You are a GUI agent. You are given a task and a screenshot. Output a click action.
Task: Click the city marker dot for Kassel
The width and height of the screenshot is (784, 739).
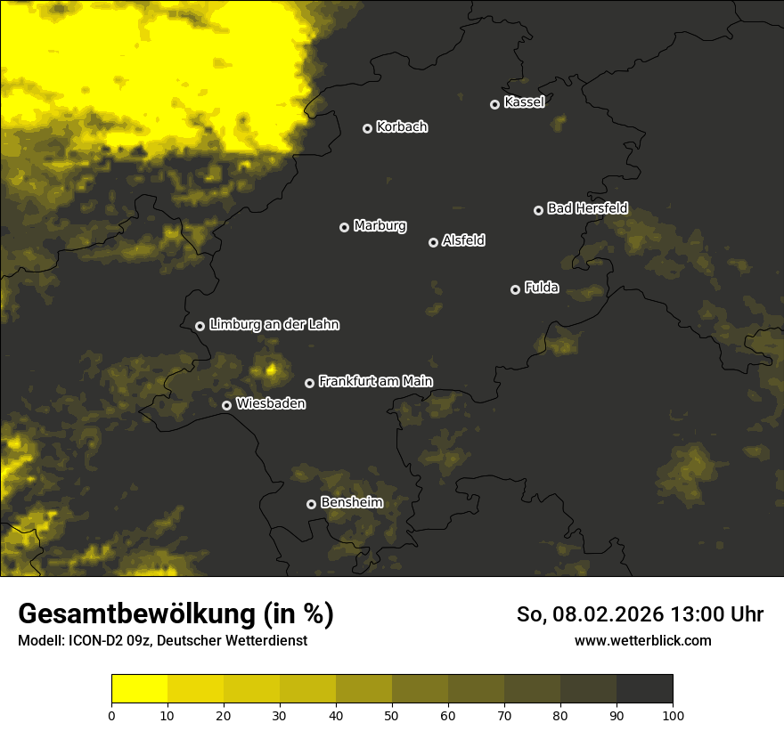pyautogui.click(x=494, y=104)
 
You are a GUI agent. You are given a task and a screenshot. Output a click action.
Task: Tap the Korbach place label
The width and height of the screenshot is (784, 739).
pyautogui.click(x=402, y=127)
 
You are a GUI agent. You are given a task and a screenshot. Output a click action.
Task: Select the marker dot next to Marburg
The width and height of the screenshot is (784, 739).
pyautogui.click(x=344, y=227)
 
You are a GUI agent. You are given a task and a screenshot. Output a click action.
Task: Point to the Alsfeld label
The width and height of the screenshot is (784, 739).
pyautogui.click(x=463, y=241)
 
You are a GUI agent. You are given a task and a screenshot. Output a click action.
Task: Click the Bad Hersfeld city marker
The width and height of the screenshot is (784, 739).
pyautogui.click(x=538, y=210)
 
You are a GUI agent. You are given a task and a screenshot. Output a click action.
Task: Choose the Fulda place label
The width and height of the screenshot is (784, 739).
pyautogui.click(x=542, y=288)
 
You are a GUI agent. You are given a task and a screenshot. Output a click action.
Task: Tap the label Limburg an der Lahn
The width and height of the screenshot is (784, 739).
pyautogui.click(x=274, y=325)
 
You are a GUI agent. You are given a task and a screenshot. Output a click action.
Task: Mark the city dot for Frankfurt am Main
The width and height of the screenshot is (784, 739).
pyautogui.click(x=309, y=383)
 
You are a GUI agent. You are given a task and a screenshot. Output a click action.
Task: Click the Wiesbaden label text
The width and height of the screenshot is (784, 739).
pyautogui.click(x=271, y=403)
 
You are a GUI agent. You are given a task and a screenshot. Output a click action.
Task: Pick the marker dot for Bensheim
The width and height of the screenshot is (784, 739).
pyautogui.click(x=311, y=504)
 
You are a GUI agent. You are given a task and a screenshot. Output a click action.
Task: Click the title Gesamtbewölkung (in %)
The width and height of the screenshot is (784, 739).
pyautogui.click(x=176, y=614)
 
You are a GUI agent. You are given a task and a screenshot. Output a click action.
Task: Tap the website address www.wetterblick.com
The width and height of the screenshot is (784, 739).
pyautogui.click(x=642, y=640)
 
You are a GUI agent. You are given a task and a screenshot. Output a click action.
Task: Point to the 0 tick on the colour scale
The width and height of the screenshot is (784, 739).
pyautogui.click(x=111, y=715)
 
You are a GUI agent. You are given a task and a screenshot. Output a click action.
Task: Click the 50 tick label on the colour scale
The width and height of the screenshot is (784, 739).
pyautogui.click(x=392, y=715)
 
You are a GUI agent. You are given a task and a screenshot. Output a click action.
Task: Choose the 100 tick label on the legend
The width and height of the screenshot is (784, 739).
pyautogui.click(x=673, y=715)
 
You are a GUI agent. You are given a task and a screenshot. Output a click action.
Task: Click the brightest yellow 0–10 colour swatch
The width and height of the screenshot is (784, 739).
pyautogui.click(x=140, y=689)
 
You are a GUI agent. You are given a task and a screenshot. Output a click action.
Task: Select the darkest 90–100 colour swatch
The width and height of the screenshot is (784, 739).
pyautogui.click(x=644, y=689)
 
